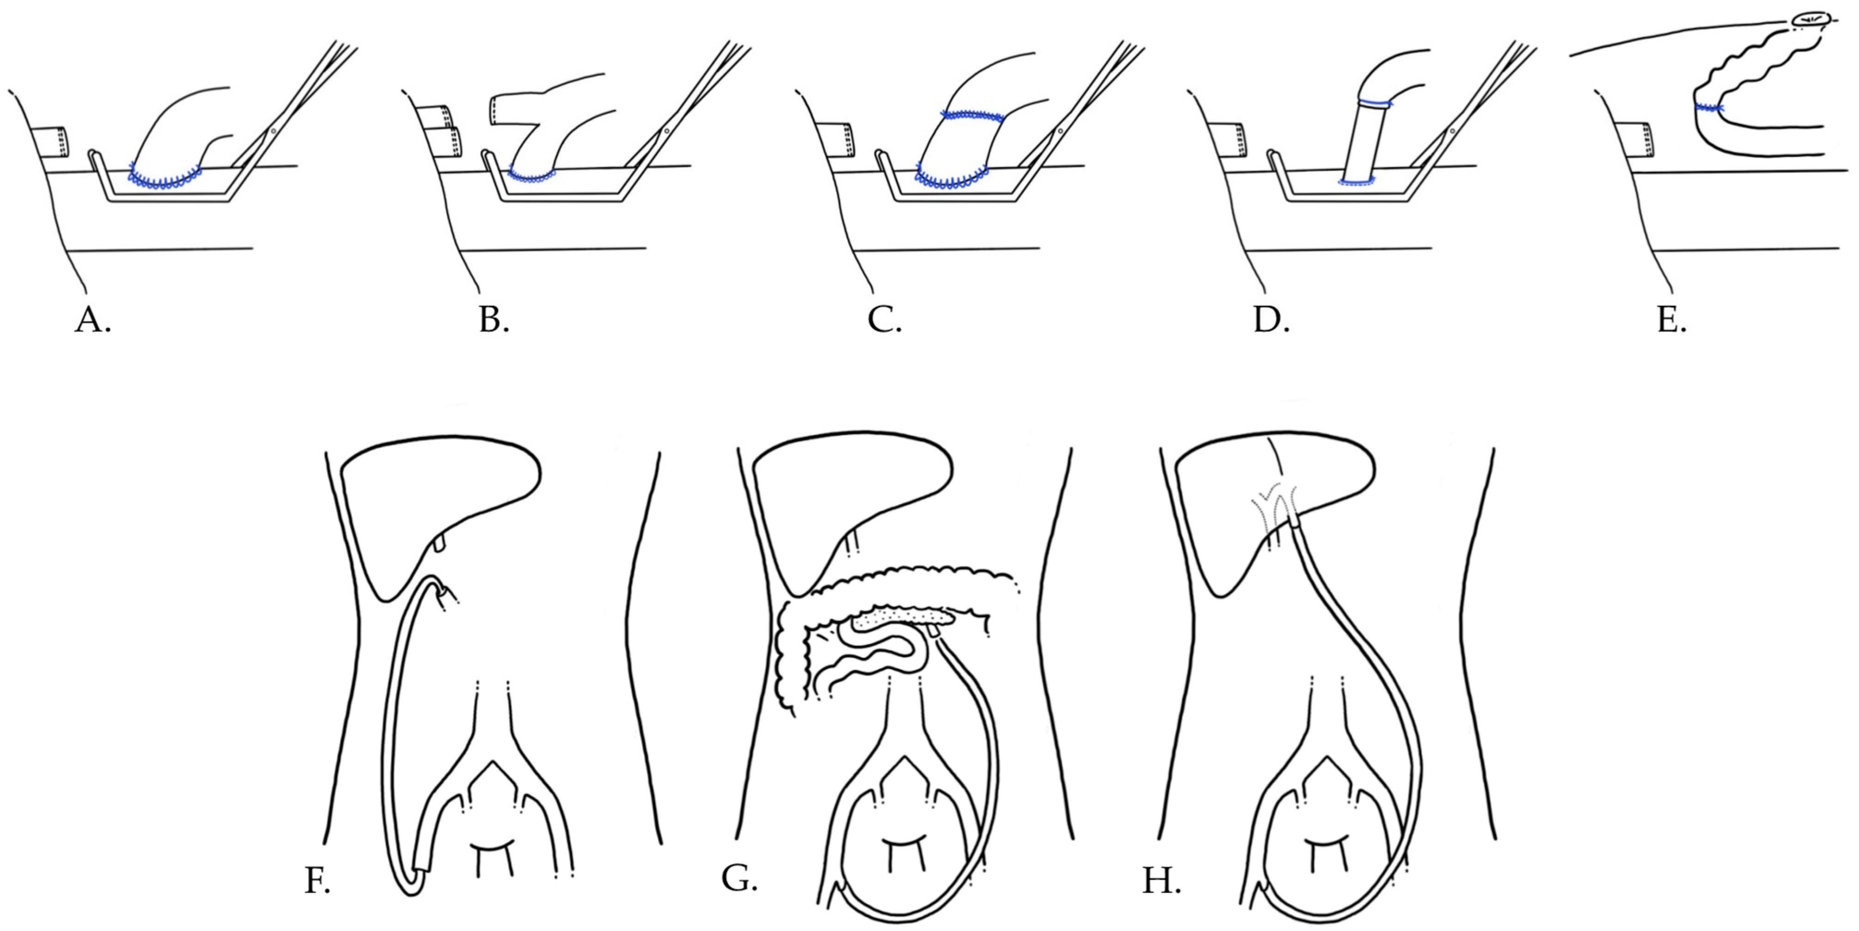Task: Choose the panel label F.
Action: pos(317,881)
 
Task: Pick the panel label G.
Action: pos(739,878)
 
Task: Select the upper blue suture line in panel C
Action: pos(972,116)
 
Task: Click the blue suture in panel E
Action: pos(1709,108)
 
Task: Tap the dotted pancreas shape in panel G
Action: pos(902,617)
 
